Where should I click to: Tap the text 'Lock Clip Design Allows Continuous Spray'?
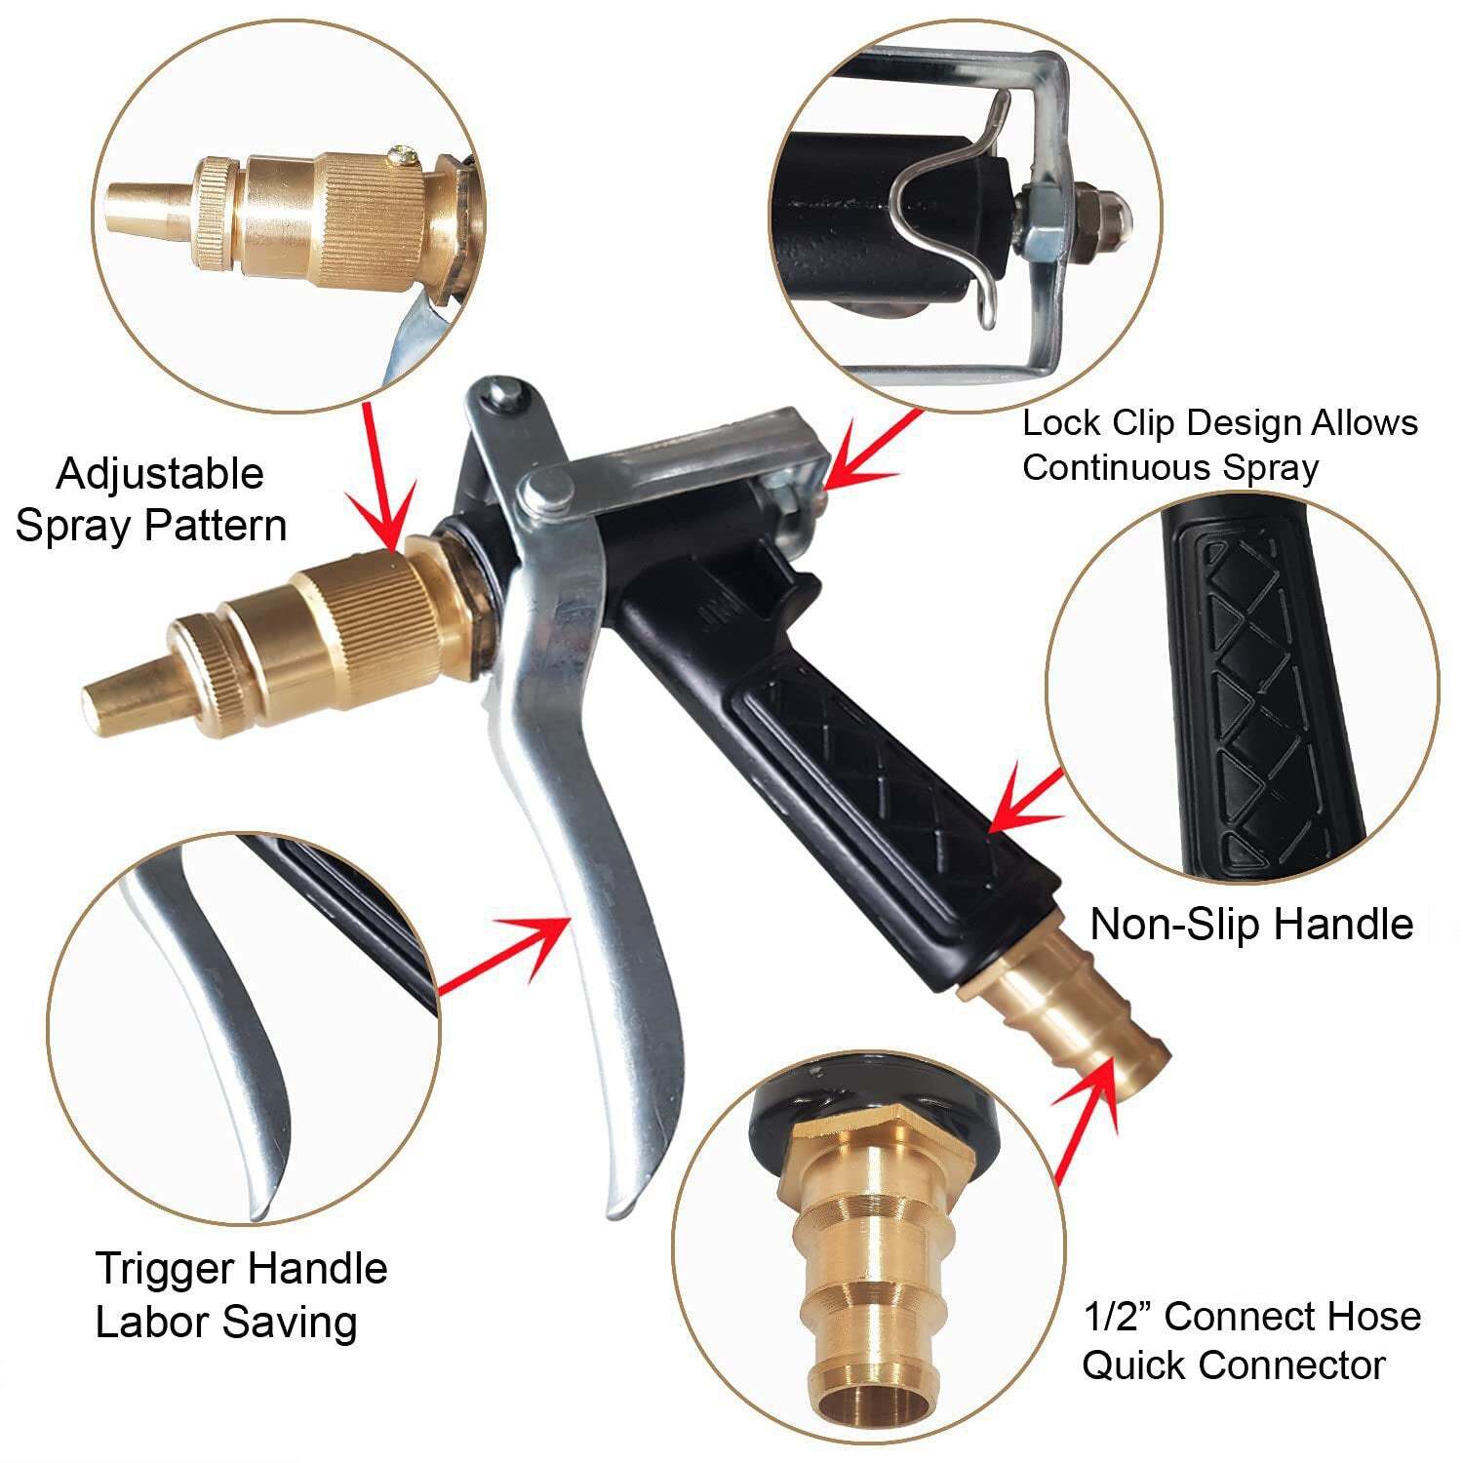point(1219,445)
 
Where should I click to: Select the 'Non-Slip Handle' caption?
point(1250,924)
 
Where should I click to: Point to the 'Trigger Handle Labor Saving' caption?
point(241,1295)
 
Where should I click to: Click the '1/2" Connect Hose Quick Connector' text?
point(1251,1340)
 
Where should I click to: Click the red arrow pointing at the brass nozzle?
point(379,478)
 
